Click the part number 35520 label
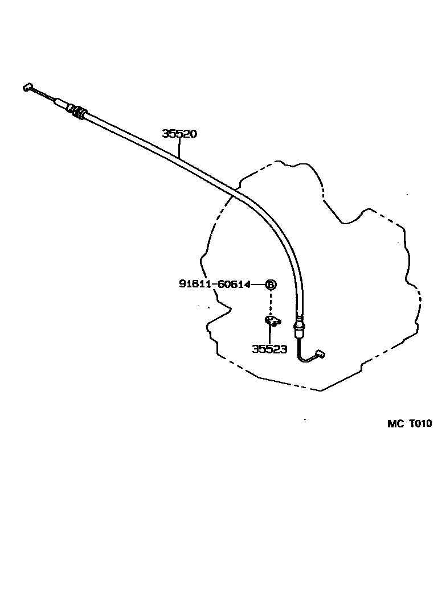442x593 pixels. [x=180, y=134]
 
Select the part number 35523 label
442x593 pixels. [x=269, y=349]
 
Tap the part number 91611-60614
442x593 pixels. [x=215, y=284]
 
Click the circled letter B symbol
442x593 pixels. [x=271, y=285]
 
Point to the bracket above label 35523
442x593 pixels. [x=273, y=321]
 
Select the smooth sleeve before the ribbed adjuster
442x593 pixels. [x=62, y=104]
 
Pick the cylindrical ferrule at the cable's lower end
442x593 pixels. [x=300, y=327]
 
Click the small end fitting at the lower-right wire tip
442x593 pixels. [x=321, y=354]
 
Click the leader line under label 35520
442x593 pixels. [x=179, y=148]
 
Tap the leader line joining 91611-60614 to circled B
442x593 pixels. [x=258, y=285]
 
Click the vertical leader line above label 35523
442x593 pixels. [x=270, y=335]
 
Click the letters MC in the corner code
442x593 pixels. [x=395, y=423]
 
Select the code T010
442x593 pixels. [x=420, y=423]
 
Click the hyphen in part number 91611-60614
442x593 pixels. [x=215, y=285]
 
